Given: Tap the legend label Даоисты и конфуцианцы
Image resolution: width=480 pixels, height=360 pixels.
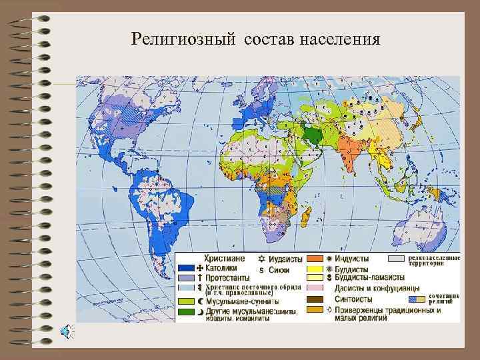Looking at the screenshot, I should [x=364, y=289].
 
